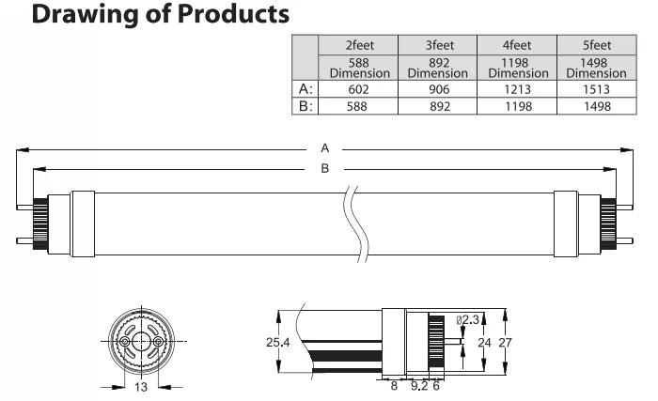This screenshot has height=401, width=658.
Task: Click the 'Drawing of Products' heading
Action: [x=147, y=16]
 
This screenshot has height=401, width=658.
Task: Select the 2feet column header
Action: [x=358, y=44]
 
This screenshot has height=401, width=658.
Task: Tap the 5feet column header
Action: [x=596, y=44]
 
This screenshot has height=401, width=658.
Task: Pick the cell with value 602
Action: [x=358, y=89]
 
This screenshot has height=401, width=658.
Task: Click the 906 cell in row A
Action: [x=438, y=89]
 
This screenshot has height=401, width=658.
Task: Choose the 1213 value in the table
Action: [x=517, y=89]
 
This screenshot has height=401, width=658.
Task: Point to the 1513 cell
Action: [x=596, y=89]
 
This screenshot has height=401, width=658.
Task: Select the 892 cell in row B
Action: [x=438, y=106]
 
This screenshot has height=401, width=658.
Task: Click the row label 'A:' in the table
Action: [x=305, y=89]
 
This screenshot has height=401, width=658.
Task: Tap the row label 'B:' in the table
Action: [x=305, y=106]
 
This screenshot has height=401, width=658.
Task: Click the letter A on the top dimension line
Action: [x=325, y=147]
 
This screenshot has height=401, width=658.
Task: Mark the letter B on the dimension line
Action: [x=325, y=168]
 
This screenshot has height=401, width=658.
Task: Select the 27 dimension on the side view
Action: [x=505, y=343]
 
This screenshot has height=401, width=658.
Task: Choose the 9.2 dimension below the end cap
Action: [x=419, y=385]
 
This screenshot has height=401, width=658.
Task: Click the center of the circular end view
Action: [x=141, y=343]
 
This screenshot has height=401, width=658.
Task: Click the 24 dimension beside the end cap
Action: [x=484, y=343]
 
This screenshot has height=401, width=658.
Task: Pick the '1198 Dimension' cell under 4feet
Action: [x=517, y=68]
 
